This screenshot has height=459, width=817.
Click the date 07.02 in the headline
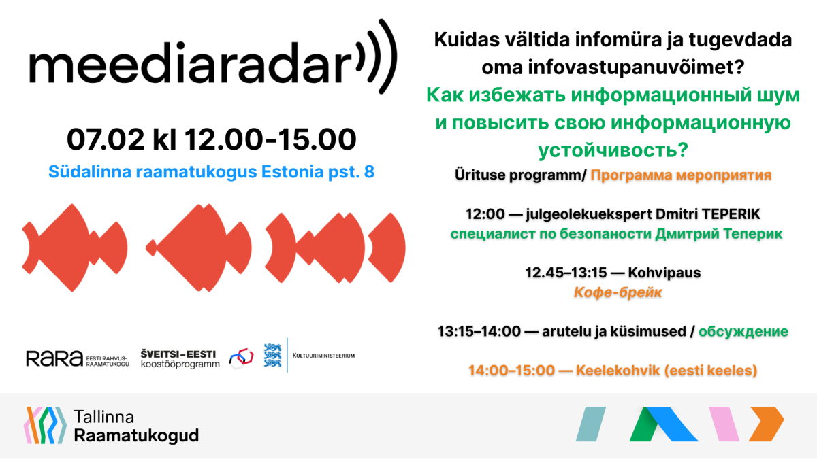106,139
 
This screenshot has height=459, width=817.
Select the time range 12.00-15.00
270,139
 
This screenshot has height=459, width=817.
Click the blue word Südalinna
90,172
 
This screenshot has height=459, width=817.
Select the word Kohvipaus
664,273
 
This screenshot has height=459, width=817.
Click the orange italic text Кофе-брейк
618,292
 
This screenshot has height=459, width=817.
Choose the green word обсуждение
743,332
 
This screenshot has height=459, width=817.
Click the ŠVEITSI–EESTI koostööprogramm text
180,359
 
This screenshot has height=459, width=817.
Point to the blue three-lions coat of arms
272,355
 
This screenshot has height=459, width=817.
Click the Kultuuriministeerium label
323,356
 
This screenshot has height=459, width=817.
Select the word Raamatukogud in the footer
136,436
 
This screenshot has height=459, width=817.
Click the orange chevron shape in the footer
767,424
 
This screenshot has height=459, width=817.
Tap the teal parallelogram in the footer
591,424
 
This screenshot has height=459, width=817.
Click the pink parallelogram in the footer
724,424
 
